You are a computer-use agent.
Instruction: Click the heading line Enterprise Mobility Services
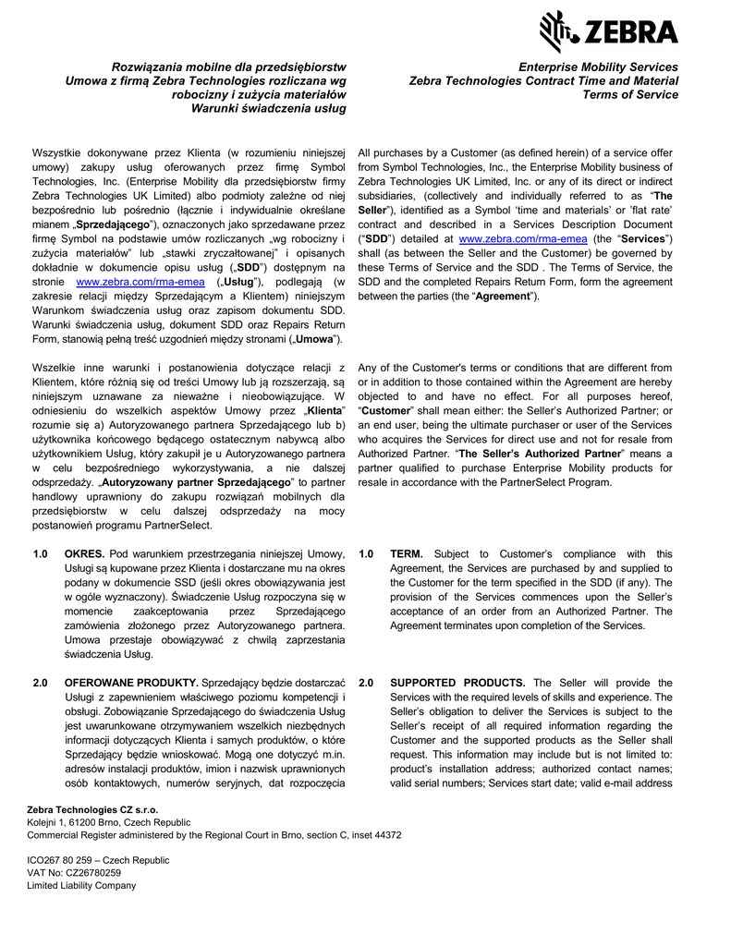click(x=598, y=67)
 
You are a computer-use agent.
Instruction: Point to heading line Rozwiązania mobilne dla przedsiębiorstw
click(x=229, y=67)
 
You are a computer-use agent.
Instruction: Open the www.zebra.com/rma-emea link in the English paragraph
click(x=523, y=239)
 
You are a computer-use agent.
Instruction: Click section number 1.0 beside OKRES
click(x=41, y=554)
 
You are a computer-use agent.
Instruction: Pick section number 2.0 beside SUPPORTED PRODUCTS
click(x=366, y=683)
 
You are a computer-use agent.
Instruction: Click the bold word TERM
click(x=408, y=554)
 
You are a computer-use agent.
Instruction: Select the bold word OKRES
click(x=84, y=554)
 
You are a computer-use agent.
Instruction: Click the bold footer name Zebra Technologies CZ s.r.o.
click(x=92, y=809)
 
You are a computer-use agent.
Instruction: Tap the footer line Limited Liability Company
click(x=81, y=885)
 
